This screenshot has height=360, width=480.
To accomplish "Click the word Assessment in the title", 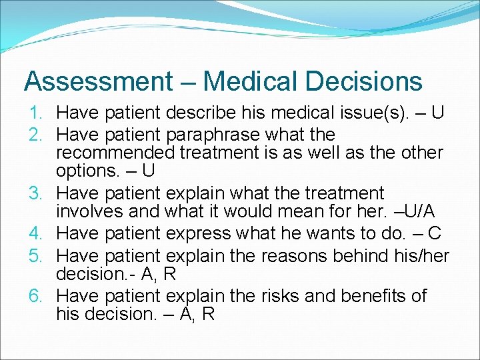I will pyautogui.click(x=97, y=82).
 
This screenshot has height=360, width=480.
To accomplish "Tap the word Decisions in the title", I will pyautogui.click(x=365, y=82).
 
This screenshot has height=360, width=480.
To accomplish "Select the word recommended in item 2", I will pyautogui.click(x=114, y=153).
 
